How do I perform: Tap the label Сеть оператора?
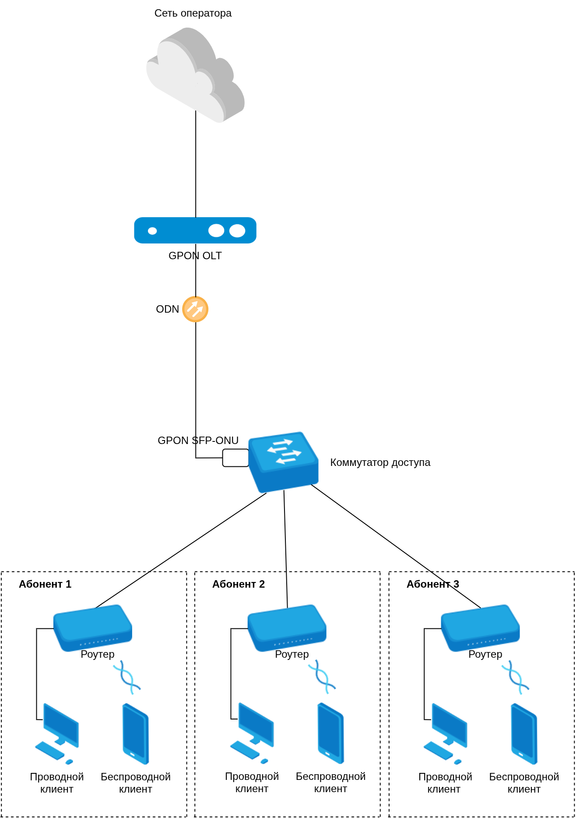click(193, 13)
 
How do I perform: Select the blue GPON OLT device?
click(195, 230)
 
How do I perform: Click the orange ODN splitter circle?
click(195, 309)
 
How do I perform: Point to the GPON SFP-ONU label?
click(198, 440)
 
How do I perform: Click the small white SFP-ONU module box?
click(235, 458)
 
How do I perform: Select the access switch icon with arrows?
click(283, 462)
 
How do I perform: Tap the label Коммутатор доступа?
click(380, 462)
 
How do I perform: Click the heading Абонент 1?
click(45, 584)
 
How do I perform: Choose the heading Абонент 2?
click(239, 584)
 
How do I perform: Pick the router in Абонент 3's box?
click(480, 628)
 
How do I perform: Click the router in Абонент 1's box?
click(93, 628)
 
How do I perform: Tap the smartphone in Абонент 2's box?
click(331, 733)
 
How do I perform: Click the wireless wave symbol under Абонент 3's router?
click(515, 677)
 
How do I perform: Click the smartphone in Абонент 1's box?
click(136, 733)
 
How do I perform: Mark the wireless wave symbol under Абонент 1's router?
click(126, 677)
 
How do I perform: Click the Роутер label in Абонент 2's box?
click(292, 654)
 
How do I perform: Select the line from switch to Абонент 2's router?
click(285, 547)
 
